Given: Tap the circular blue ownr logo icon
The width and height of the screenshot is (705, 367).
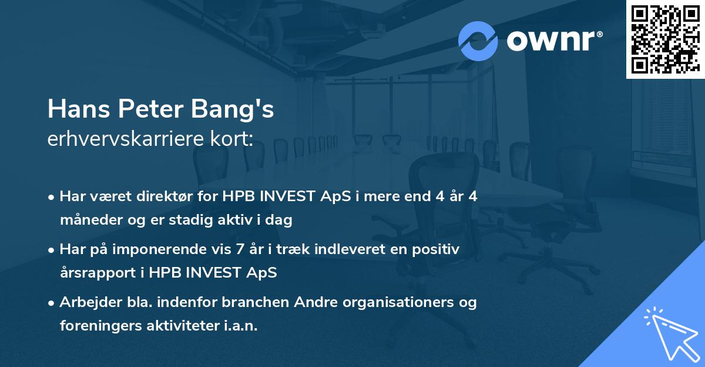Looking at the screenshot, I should click(x=478, y=41).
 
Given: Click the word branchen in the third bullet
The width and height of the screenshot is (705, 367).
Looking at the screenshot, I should click(x=256, y=302).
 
